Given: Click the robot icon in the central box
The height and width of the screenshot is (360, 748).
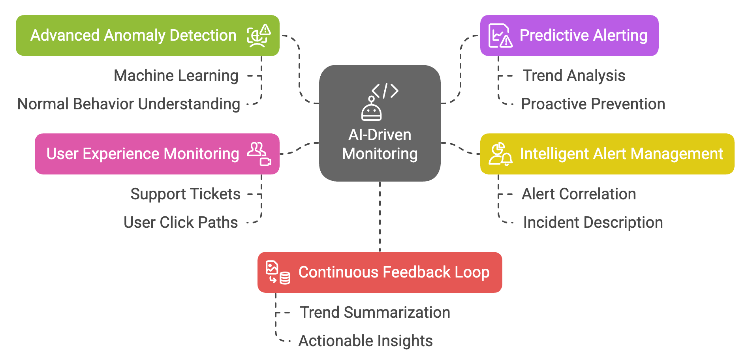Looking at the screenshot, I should click(371, 109).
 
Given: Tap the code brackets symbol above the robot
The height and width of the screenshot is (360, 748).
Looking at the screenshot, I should click(385, 91).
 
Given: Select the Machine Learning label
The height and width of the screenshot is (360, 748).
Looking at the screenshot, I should click(176, 75).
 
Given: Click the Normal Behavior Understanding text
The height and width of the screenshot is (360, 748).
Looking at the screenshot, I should click(129, 104).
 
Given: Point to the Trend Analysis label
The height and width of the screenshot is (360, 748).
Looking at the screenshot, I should click(574, 75).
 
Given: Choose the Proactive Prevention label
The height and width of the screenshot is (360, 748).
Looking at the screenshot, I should click(593, 104).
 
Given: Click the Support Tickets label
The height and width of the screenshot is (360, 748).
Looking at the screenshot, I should click(185, 194).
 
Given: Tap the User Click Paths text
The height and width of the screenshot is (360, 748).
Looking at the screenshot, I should click(180, 223).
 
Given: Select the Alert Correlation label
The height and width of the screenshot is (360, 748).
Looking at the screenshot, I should click(579, 194).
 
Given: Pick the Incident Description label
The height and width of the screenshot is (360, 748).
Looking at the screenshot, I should click(593, 223).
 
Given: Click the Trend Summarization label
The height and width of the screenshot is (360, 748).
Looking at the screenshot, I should click(375, 312).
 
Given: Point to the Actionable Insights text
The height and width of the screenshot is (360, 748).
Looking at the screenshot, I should click(365, 341).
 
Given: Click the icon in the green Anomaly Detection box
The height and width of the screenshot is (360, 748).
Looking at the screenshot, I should click(259, 36).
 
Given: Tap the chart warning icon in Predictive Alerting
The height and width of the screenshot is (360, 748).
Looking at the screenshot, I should click(500, 36).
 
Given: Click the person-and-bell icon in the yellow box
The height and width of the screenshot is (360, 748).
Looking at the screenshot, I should click(500, 154).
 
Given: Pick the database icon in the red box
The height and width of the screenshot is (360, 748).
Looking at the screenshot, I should click(285, 278).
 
